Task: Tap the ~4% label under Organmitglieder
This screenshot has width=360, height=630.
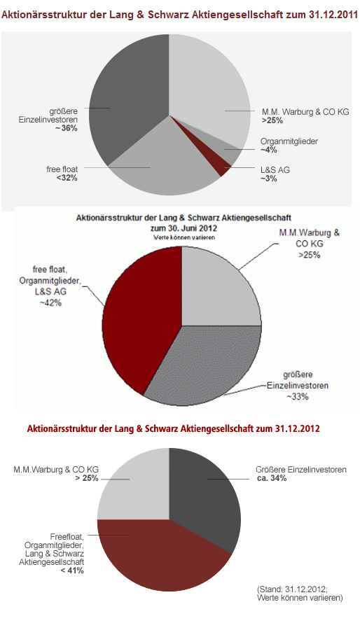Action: [269, 150]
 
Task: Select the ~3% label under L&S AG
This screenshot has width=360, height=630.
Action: [269, 178]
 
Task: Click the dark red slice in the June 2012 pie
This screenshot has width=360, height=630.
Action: [140, 308]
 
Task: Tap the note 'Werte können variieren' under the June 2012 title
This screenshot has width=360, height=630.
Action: [181, 238]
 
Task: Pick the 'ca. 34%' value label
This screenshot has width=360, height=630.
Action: [270, 478]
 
